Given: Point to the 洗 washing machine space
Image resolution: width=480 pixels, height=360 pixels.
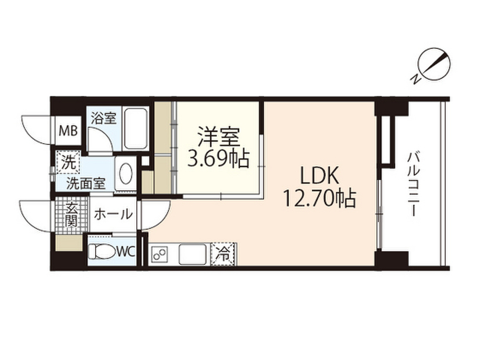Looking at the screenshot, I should point(69,164).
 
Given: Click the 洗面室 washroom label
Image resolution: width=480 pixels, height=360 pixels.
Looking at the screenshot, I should point(85,183).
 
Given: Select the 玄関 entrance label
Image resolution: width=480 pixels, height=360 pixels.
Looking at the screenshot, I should point(71,215).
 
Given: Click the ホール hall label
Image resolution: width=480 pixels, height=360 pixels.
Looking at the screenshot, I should point(113,215).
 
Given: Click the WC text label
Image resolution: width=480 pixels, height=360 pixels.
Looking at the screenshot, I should point(125,252).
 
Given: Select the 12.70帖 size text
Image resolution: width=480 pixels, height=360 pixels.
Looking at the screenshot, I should point(319,199).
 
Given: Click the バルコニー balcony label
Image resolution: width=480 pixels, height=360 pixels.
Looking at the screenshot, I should point(412,183).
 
